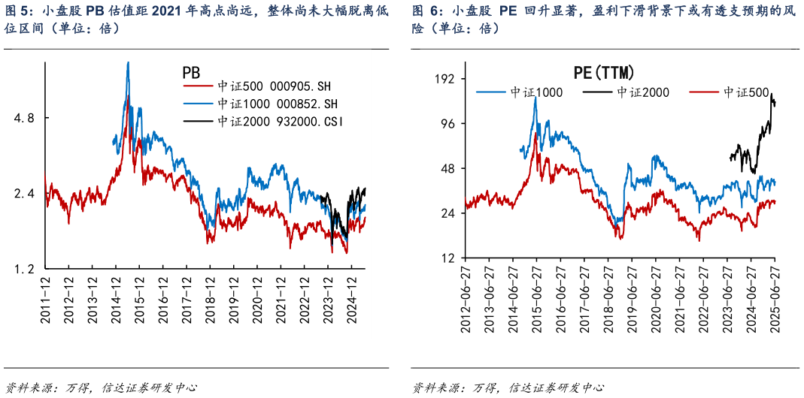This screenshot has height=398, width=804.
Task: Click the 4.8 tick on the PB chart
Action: (26, 118)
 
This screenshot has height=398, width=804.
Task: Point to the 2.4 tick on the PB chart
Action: (26, 194)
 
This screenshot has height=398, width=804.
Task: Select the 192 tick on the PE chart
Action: (447, 79)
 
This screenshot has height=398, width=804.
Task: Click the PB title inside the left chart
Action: (191, 73)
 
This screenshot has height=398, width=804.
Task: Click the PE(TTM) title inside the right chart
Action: (604, 73)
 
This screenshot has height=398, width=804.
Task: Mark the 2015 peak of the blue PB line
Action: (129, 63)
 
